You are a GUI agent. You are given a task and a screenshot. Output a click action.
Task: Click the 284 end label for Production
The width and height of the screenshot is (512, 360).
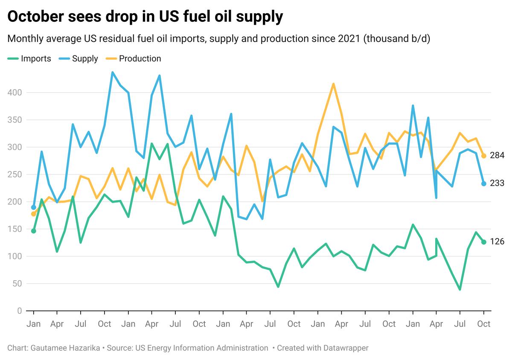pos(497,156)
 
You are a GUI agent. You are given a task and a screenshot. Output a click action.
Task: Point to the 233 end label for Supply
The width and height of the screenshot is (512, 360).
pos(497,183)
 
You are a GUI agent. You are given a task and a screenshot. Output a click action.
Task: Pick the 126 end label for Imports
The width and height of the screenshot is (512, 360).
pos(497,242)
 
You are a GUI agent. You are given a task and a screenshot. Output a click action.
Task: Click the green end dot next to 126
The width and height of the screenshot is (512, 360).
pos(483,242)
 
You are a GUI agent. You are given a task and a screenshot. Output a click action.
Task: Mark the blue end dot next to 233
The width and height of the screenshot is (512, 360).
pos(483,183)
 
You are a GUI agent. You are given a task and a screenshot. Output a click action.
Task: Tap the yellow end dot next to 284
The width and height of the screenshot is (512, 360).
pos(483,156)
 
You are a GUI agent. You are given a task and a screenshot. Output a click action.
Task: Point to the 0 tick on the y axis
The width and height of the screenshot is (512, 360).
pos(19,311)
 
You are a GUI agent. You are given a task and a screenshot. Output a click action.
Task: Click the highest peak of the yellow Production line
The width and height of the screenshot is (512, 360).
pos(333,84)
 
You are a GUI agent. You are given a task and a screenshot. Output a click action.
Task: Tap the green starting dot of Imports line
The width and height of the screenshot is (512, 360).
pos(34,231)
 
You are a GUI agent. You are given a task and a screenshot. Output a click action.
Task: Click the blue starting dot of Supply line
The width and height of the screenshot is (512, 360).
pos(34,207)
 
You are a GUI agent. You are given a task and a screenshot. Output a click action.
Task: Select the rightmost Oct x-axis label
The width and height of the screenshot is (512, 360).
pos(483,324)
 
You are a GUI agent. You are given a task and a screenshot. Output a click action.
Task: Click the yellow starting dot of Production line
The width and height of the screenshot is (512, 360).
pos(34,214)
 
